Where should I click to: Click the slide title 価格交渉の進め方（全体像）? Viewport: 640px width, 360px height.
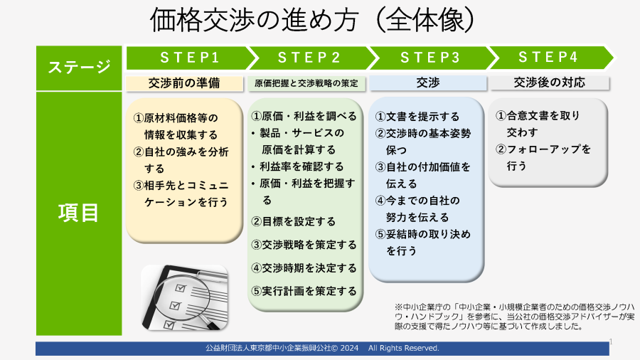[311, 21]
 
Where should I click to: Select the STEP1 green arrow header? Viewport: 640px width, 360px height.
[186, 58]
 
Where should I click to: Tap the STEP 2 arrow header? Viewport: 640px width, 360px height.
[308, 58]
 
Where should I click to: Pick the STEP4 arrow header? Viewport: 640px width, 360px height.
[548, 58]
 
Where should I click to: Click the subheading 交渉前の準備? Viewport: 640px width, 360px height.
[184, 83]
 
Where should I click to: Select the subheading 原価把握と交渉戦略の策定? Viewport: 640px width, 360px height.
[306, 83]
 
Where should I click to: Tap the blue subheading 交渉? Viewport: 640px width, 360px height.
[427, 83]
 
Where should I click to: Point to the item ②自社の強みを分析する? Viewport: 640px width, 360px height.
[181, 159]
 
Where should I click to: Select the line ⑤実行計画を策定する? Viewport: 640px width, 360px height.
[304, 291]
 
